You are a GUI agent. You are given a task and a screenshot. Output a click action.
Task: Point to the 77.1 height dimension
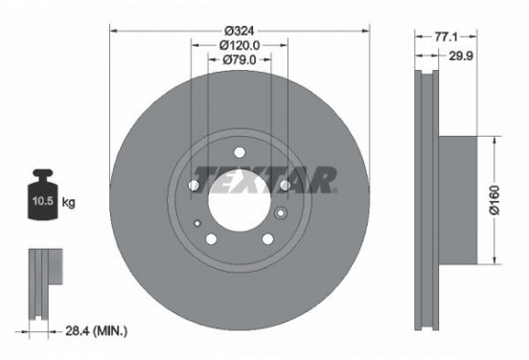point(443,35)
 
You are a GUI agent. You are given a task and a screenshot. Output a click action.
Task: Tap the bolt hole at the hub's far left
point(193,185)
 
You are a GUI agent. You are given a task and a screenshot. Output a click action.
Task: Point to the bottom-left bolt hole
point(211,238)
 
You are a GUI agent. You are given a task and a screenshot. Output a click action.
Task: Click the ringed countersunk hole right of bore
point(281,214)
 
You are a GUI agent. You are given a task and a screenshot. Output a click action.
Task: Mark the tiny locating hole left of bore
point(196,223)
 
